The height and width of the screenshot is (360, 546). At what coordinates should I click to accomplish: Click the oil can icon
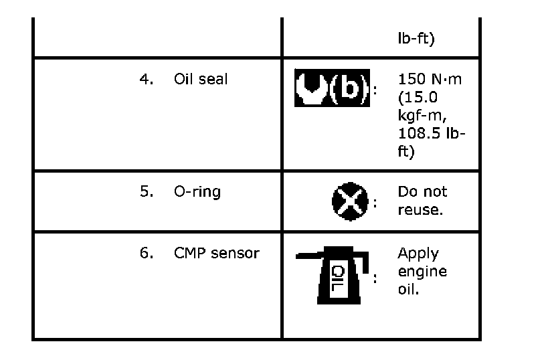[x=332, y=275]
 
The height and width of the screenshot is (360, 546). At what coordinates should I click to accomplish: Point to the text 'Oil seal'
[x=201, y=79]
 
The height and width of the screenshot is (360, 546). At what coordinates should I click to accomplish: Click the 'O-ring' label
[x=197, y=191]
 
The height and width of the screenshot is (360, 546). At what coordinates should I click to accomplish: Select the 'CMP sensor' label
[x=216, y=254]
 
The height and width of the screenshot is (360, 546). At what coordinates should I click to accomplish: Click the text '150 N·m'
[x=430, y=79]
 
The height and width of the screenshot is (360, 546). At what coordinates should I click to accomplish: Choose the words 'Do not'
[x=422, y=191]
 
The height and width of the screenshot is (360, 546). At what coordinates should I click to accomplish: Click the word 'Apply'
[x=418, y=254]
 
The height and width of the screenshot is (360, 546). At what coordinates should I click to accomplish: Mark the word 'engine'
[x=422, y=272]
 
